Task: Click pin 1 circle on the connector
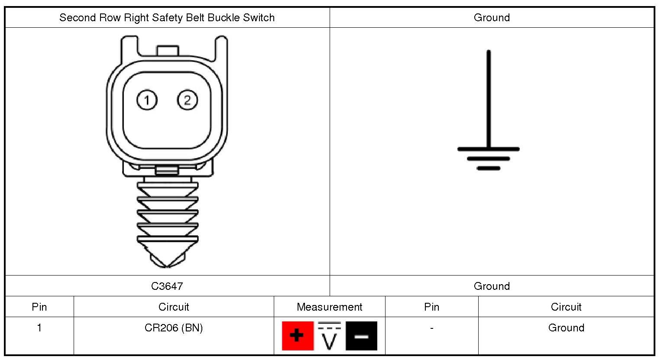pyautogui.click(x=147, y=101)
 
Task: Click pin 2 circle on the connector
pyautogui.click(x=187, y=101)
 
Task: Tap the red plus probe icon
pyautogui.click(x=298, y=336)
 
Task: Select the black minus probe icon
pyautogui.click(x=361, y=336)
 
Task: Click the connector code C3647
pyautogui.click(x=167, y=286)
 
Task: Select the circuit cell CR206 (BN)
pyautogui.click(x=174, y=328)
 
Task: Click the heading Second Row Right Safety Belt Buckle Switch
pyautogui.click(x=167, y=18)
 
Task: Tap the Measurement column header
pyautogui.click(x=329, y=307)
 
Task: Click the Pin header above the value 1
pyautogui.click(x=39, y=307)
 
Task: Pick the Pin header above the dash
pyautogui.click(x=431, y=307)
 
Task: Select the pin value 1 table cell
pyautogui.click(x=39, y=328)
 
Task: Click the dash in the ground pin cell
pyautogui.click(x=431, y=328)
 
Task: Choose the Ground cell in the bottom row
pyautogui.click(x=566, y=328)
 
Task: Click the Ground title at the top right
pyautogui.click(x=492, y=18)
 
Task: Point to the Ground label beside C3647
pyautogui.click(x=492, y=286)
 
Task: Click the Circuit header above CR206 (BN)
pyautogui.click(x=174, y=307)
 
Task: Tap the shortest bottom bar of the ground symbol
pyautogui.click(x=489, y=168)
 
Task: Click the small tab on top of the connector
pyautogui.click(x=167, y=50)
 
